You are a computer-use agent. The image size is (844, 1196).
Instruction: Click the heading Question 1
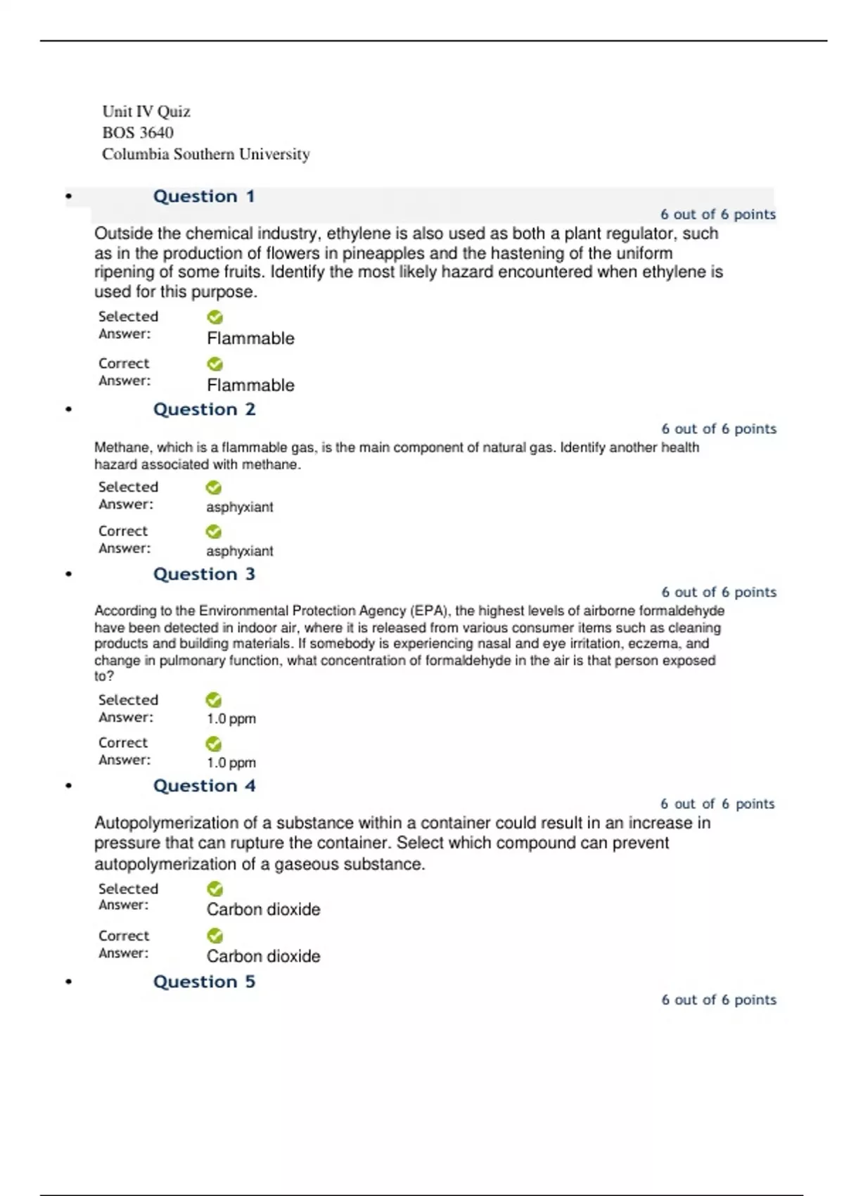(204, 196)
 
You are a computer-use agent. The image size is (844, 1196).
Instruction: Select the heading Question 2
(204, 409)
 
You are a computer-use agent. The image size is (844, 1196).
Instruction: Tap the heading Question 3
(204, 574)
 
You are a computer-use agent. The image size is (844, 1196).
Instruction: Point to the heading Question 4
(204, 786)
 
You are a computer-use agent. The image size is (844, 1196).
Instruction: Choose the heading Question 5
(204, 981)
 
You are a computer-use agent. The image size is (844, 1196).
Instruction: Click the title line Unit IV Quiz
(146, 111)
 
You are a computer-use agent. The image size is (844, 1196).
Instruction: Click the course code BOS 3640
(138, 132)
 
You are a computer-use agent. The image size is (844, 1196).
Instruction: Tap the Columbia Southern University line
(206, 154)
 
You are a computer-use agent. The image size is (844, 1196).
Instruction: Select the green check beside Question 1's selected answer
(215, 317)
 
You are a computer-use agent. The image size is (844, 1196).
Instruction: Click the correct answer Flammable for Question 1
(250, 386)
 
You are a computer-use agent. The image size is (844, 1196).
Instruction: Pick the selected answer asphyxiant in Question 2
(239, 507)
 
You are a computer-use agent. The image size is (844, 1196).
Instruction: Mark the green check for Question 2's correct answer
(214, 532)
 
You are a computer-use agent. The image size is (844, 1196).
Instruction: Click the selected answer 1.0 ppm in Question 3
(231, 719)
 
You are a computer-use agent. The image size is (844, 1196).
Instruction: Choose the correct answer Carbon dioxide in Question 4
(263, 956)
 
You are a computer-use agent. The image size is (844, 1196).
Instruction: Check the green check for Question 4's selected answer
(215, 889)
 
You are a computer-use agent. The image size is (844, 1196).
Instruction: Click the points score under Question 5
(718, 1000)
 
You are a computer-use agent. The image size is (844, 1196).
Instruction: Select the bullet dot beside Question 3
(68, 574)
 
